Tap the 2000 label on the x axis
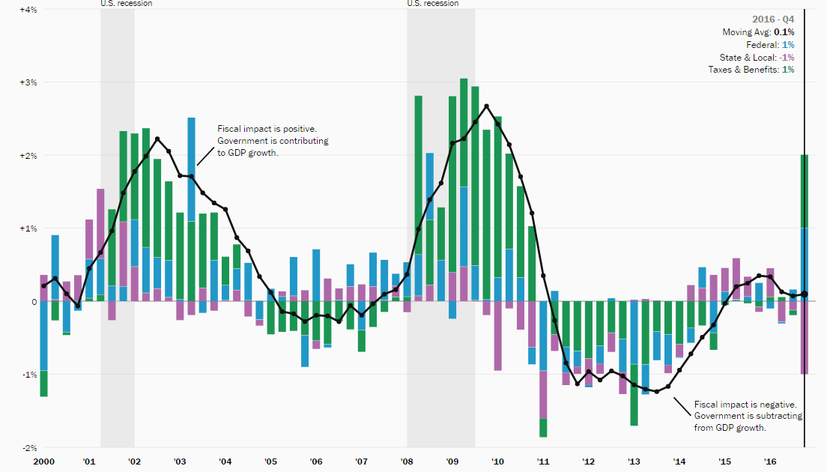[x=43, y=462]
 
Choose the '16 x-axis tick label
[x=769, y=462]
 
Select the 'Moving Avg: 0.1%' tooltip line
[x=758, y=32]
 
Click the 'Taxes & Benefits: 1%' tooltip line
[x=751, y=70]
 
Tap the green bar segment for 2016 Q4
[x=804, y=191]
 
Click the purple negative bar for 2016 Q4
[x=804, y=337]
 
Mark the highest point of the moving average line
[x=487, y=106]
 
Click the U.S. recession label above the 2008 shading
[x=433, y=4]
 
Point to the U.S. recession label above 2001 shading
[x=127, y=4]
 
